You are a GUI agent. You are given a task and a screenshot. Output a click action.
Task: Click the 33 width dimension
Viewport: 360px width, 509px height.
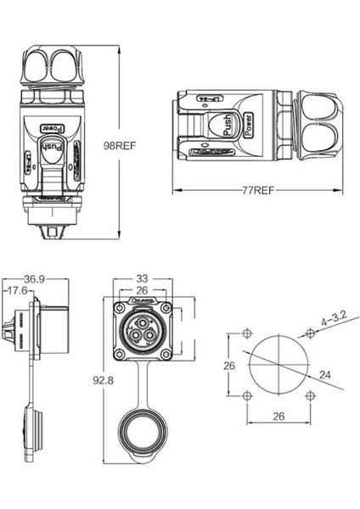(x=142, y=277)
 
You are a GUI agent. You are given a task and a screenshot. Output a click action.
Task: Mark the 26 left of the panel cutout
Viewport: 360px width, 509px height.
(x=227, y=366)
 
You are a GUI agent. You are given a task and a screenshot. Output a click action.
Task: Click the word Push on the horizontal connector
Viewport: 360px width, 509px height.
(x=228, y=126)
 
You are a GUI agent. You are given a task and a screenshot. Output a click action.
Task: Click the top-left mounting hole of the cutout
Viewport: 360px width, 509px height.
(x=246, y=332)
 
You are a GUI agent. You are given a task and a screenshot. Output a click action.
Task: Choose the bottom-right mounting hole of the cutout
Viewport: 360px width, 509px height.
(x=312, y=396)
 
